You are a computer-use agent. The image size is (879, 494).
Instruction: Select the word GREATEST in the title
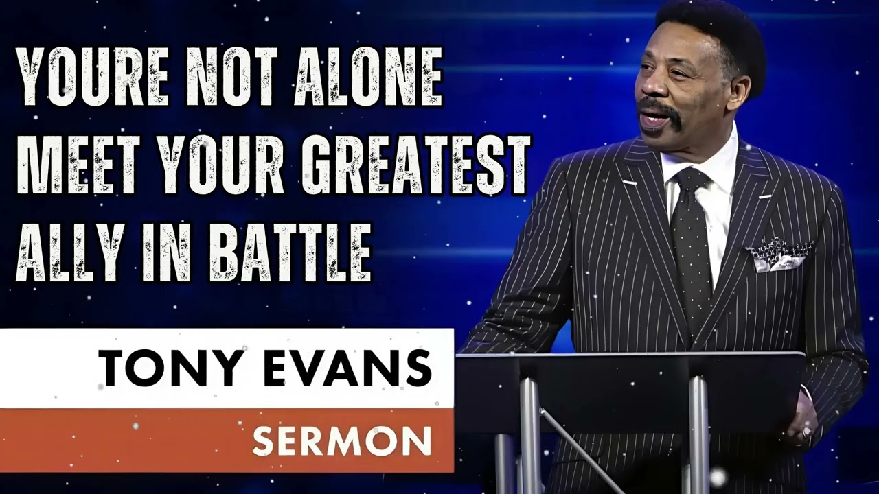[x=417, y=165]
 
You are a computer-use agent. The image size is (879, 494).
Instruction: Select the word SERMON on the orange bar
[x=341, y=440]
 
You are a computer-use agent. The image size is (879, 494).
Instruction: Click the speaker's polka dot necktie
[x=691, y=240]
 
